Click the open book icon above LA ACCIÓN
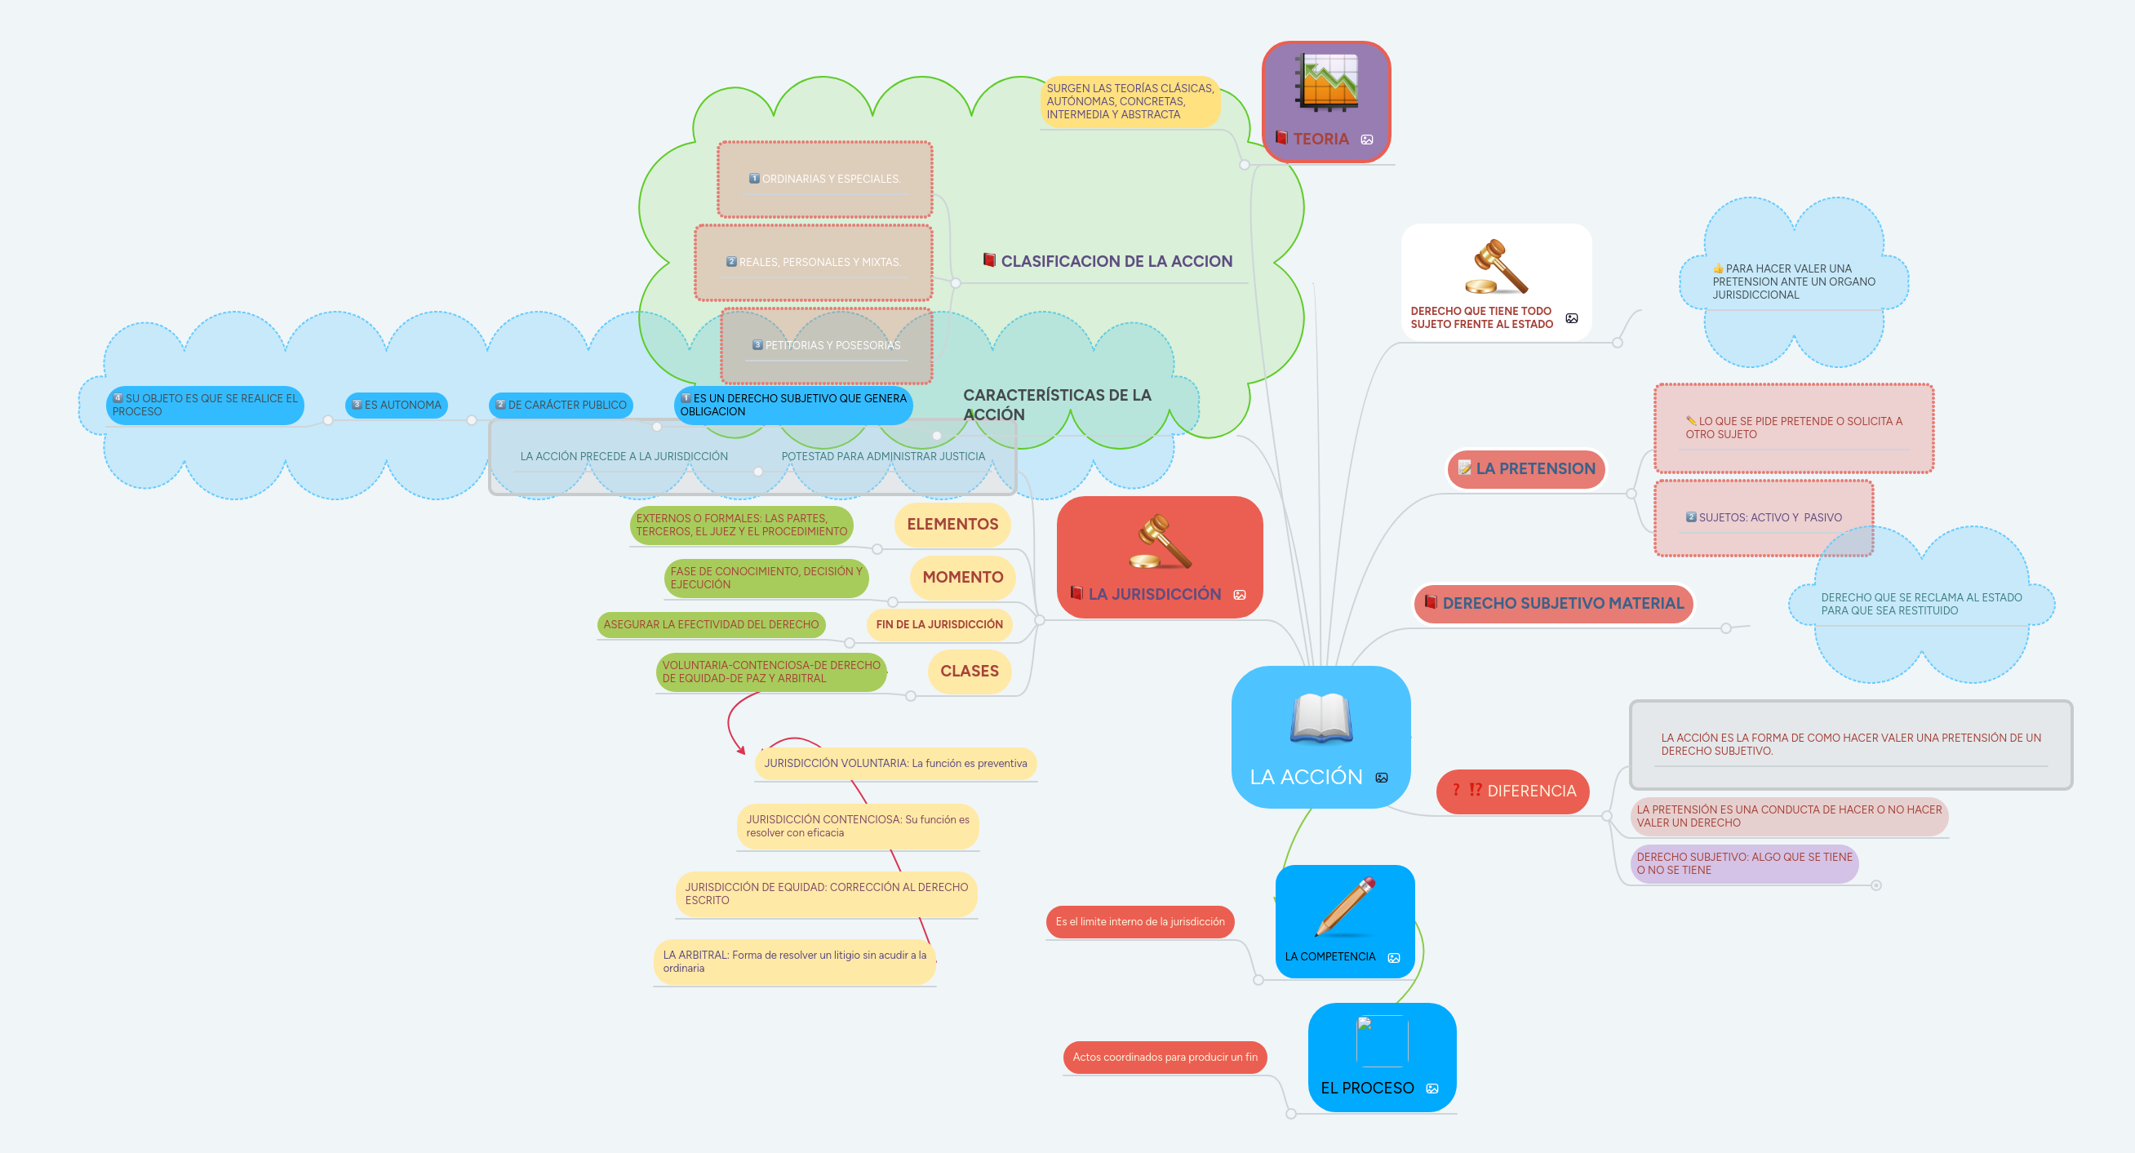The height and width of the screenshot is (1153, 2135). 1321,718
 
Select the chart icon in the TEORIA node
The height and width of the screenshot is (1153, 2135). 1327,83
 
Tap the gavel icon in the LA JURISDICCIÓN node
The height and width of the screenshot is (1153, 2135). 1161,541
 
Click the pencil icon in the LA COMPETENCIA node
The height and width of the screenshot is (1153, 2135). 1345,907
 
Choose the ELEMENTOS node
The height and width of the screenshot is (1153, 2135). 952,525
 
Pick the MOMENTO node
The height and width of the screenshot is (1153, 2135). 962,578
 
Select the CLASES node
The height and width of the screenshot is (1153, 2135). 969,672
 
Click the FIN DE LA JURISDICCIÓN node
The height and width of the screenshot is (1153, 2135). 939,625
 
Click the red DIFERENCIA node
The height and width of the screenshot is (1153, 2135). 1512,792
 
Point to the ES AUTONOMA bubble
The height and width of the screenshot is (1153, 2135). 396,406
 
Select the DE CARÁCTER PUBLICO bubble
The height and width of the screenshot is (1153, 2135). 561,406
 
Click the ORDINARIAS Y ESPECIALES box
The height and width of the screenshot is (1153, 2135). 824,179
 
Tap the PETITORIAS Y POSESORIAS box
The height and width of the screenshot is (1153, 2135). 826,346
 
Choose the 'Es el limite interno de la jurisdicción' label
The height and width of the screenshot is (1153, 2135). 1139,923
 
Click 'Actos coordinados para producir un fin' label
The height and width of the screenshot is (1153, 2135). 1165,1058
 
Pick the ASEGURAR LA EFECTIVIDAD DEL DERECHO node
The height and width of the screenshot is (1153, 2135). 710,625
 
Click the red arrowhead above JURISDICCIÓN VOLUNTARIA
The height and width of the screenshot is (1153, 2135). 741,750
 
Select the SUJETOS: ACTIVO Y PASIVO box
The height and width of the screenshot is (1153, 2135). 1763,518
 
